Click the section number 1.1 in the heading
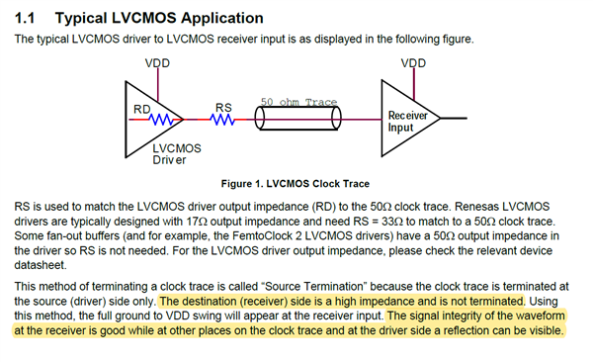pyautogui.click(x=25, y=18)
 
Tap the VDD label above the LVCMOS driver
pyautogui.click(x=157, y=63)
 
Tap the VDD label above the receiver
pyautogui.click(x=413, y=63)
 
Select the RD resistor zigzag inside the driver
pyautogui.click(x=161, y=120)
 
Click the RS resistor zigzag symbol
pyautogui.click(x=222, y=120)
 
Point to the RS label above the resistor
pyautogui.click(x=223, y=108)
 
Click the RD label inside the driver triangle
pyautogui.click(x=142, y=109)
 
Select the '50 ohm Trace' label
pyautogui.click(x=298, y=102)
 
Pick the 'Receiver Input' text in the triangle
pyautogui.click(x=407, y=122)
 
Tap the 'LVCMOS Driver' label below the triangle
pyautogui.click(x=177, y=153)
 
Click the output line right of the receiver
pyautogui.click(x=454, y=118)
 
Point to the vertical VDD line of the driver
pyautogui.click(x=158, y=85)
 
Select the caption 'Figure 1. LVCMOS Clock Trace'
pyautogui.click(x=296, y=184)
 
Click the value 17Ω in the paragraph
pyautogui.click(x=194, y=222)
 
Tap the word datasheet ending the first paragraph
pyautogui.click(x=41, y=265)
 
